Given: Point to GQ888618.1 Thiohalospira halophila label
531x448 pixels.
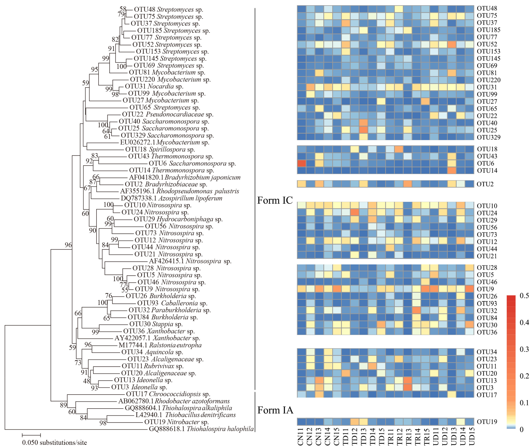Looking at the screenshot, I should coord(201,429).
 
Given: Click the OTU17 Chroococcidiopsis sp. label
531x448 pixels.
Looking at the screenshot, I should coord(168,394).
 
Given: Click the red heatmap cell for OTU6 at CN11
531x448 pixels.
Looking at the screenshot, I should coord(301,163).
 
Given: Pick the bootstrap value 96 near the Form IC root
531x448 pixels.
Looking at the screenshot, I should coord(68,245).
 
